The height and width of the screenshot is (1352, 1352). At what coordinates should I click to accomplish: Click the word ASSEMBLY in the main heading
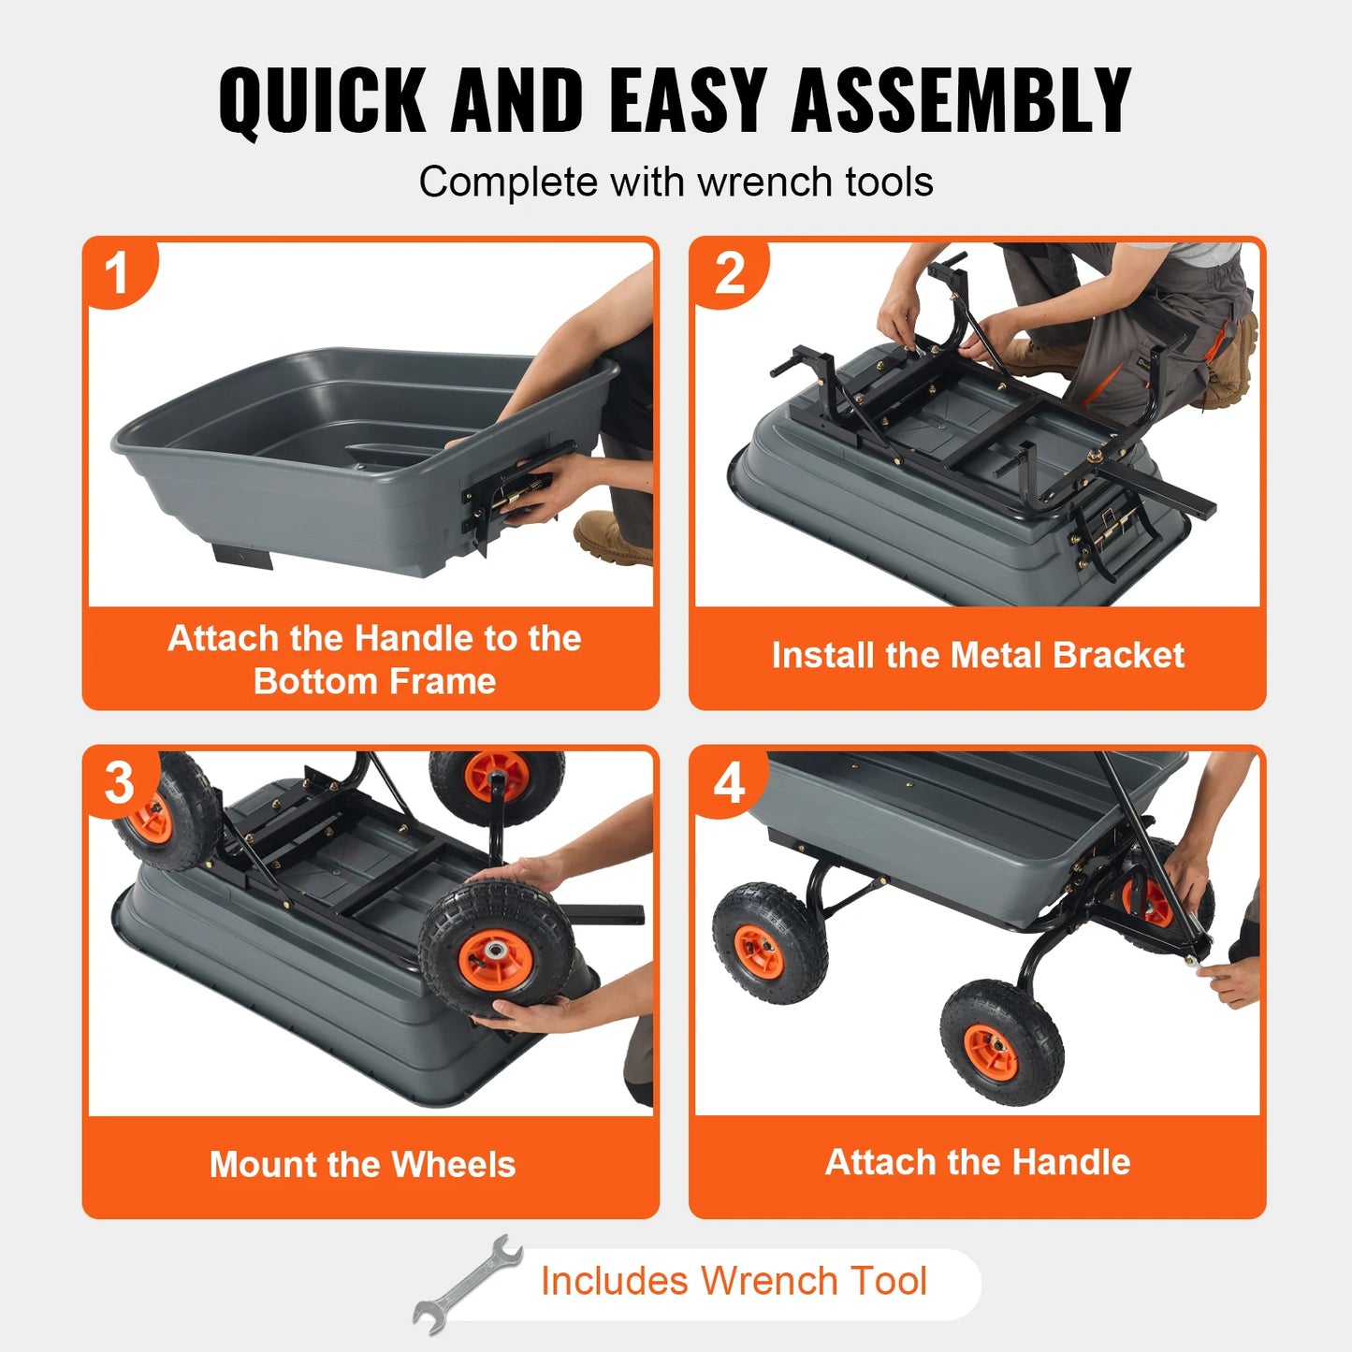961,100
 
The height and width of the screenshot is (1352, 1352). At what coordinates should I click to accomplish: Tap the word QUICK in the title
323,100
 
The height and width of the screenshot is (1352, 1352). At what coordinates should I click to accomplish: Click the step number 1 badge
117,274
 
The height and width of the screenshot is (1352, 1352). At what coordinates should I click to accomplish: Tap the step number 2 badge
729,274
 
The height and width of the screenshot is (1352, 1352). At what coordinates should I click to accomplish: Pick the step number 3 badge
119,782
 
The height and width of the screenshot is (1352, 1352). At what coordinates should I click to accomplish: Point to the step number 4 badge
729,782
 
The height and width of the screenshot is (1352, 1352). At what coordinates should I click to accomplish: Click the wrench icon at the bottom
468,1283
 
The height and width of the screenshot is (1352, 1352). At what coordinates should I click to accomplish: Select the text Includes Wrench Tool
734,1281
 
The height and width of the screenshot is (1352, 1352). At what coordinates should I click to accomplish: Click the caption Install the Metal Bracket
977,655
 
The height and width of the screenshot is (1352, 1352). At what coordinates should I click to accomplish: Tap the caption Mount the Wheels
362,1164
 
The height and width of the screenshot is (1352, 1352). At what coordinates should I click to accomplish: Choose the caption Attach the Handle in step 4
977,1162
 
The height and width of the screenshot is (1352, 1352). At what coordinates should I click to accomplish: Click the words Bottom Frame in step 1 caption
374,681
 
